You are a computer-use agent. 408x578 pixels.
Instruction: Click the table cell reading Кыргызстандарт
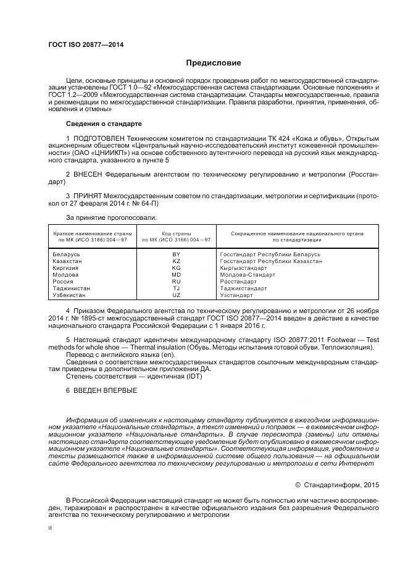pos(243,268)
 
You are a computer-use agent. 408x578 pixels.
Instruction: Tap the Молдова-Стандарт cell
pos(248,275)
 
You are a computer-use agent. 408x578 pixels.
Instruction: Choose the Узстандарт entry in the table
pos(236,295)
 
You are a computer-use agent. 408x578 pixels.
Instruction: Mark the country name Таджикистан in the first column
pos(72,288)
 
